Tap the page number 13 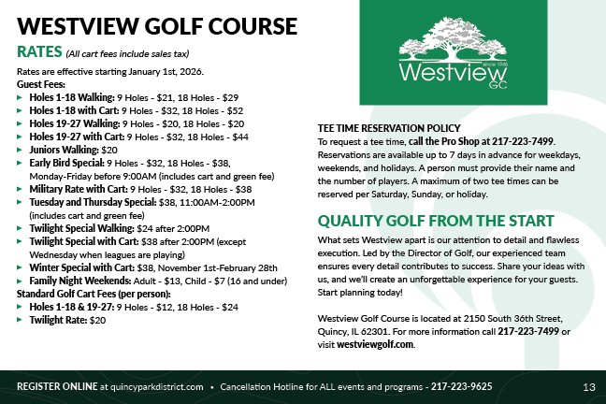click(x=588, y=386)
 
